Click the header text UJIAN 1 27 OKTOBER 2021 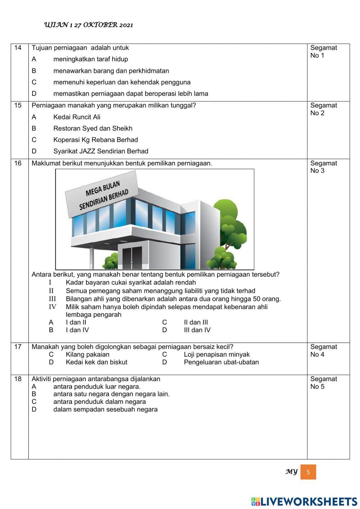(x=88, y=25)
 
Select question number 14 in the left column (x=18, y=48)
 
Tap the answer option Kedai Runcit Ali (x=77, y=117)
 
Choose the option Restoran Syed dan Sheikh (x=93, y=129)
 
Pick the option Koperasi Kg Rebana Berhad (x=95, y=140)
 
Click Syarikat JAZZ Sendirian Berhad (x=100, y=151)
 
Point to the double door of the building (x=132, y=257)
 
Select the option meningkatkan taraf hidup (x=90, y=59)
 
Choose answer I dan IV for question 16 (x=77, y=330)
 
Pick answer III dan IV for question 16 (x=197, y=330)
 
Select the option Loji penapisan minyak (x=216, y=354)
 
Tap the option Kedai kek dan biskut (x=96, y=362)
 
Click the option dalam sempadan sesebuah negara (x=105, y=410)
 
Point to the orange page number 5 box (x=308, y=472)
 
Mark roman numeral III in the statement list (x=53, y=299)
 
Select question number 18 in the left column (x=18, y=379)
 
